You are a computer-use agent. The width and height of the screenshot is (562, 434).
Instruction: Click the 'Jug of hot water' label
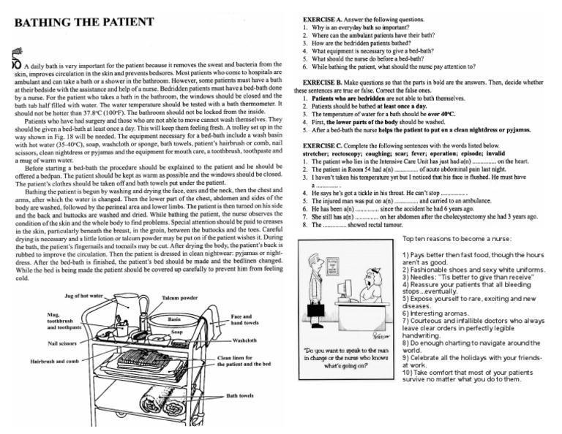(x=84, y=296)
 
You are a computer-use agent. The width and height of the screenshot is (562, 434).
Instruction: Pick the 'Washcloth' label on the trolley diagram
(x=244, y=340)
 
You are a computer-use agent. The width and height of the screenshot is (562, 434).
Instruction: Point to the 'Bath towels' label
(x=240, y=395)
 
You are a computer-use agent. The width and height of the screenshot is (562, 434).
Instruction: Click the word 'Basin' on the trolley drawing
(x=174, y=319)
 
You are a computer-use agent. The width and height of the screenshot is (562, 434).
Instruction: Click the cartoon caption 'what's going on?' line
(x=348, y=365)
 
